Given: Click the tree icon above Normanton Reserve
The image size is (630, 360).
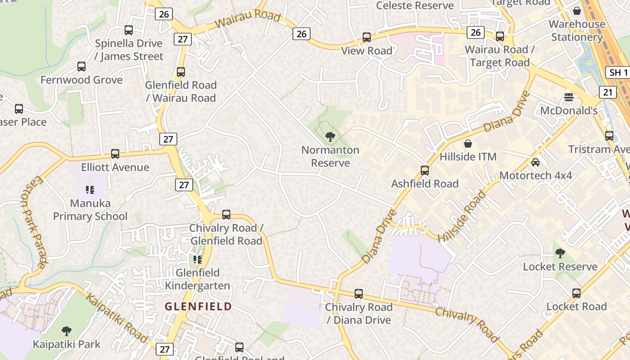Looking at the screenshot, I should point(330,136).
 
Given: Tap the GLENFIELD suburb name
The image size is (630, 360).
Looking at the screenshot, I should point(198,306).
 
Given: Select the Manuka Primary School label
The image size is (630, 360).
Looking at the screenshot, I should point(90,210).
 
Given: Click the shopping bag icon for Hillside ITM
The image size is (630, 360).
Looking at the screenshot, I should point(468,144).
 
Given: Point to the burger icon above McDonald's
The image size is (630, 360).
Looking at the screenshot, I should point(569,97).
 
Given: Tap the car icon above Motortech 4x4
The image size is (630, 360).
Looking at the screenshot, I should point(535,162).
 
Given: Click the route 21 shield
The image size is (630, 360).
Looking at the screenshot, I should point(607,92).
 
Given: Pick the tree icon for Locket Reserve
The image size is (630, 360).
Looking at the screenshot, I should point(560,253).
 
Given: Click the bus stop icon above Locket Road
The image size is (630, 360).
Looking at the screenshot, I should point(576,293).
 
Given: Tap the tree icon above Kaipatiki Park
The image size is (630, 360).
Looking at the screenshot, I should point(67,332).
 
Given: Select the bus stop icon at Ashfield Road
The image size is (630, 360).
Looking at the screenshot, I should point(425,171).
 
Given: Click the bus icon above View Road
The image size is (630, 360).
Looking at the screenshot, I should point(367,37).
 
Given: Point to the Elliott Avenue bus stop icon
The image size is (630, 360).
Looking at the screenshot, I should point(115,154).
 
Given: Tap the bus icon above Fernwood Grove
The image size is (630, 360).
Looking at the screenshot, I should point(81,67).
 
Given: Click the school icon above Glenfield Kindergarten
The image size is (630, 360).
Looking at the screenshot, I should point(197,260).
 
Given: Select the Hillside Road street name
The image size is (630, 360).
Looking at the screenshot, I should point(463,216).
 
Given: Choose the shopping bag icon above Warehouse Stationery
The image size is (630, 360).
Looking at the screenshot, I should point(577,11).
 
